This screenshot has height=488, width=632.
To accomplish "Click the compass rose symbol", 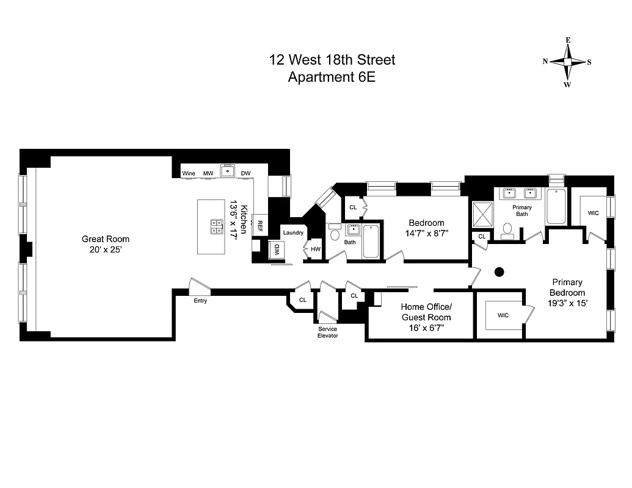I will (x=567, y=62).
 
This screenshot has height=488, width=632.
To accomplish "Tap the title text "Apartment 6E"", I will (x=332, y=77).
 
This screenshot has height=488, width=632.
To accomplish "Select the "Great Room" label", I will (x=106, y=239).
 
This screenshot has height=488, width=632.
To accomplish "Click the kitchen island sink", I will (x=217, y=227).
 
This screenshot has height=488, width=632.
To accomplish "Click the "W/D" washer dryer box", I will (x=276, y=249).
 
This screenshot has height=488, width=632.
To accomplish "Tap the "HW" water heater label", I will (x=315, y=249).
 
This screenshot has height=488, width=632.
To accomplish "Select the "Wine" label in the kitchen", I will (x=189, y=174).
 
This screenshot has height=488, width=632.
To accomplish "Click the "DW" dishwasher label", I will (x=245, y=174).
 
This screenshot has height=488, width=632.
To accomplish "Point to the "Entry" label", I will (x=200, y=301).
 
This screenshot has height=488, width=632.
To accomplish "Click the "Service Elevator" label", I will (x=327, y=332).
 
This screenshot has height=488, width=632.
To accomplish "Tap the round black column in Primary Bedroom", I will (x=499, y=272).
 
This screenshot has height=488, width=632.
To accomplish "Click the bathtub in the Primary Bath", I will (x=556, y=206).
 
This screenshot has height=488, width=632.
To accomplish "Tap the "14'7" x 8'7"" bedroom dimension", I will (x=426, y=233).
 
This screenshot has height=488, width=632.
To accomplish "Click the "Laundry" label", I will (x=293, y=232).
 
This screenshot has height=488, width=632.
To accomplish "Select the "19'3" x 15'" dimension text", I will (x=567, y=303).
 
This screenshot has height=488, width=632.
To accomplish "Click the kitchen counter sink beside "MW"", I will (x=228, y=171).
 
